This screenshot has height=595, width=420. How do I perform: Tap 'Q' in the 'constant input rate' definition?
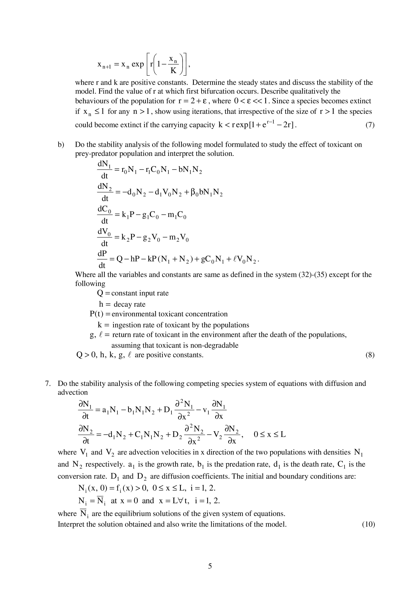pos(100,293)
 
